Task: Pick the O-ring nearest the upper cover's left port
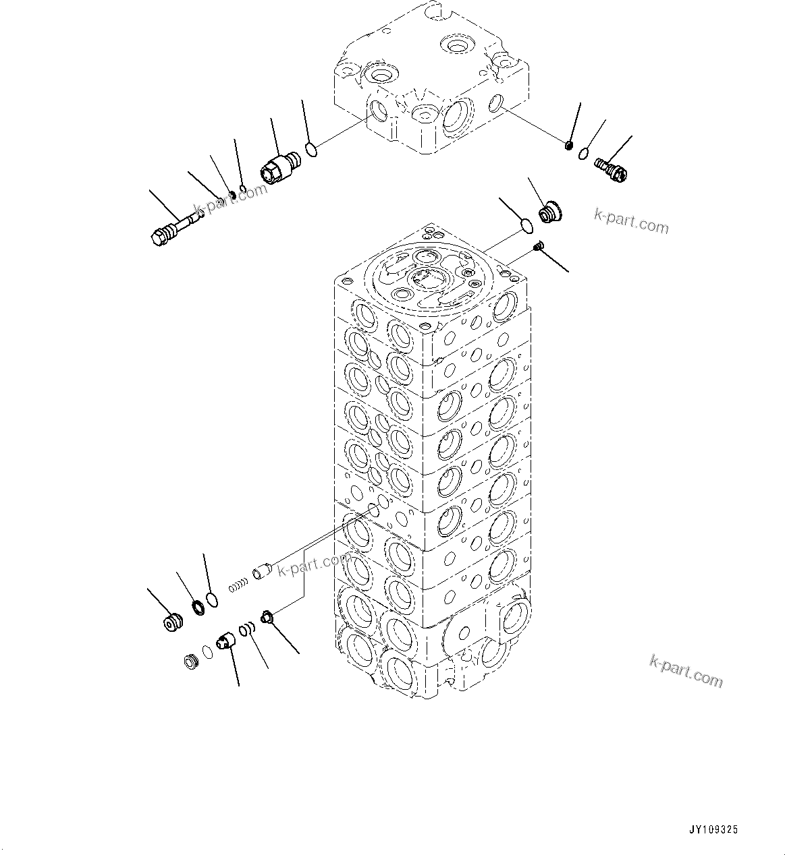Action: click(x=311, y=148)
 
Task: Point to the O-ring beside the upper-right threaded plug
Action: click(x=583, y=156)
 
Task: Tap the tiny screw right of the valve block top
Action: click(x=538, y=247)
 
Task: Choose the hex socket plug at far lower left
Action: click(x=174, y=622)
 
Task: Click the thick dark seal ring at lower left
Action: click(x=198, y=608)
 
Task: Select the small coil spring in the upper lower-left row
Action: click(x=236, y=586)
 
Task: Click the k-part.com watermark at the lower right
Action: click(x=685, y=671)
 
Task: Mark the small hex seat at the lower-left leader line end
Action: click(x=267, y=615)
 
